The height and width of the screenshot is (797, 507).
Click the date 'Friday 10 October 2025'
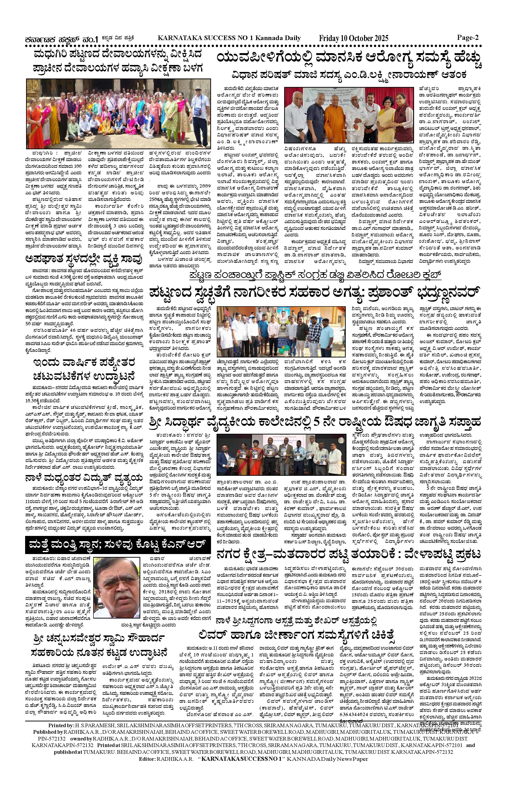tap(353, 38)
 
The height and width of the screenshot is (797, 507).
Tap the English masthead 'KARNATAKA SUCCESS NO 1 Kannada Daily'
tap(229, 38)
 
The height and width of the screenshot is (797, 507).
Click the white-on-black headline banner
tap(118, 544)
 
